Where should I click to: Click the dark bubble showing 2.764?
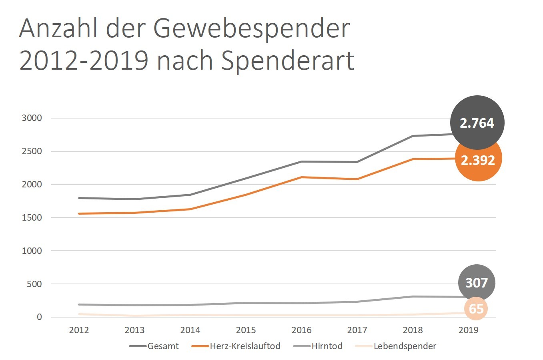coord(477,123)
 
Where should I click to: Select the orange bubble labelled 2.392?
coord(478,159)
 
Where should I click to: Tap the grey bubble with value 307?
coord(476,283)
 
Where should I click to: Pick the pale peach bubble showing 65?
coord(476,309)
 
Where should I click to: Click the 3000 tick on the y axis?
coord(32,118)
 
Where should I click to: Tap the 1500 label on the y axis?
coord(32,217)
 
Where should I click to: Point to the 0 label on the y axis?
coord(39,317)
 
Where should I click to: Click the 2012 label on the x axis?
coord(79,330)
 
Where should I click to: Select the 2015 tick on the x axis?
coord(246,330)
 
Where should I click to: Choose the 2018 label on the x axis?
coord(413,330)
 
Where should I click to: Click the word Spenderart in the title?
coord(288,61)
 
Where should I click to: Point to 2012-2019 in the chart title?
coord(84,61)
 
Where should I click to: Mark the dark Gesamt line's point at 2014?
coord(190,195)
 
